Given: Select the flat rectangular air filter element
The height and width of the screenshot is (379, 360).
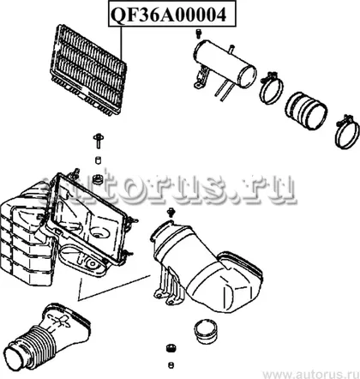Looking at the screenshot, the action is [x=88, y=69].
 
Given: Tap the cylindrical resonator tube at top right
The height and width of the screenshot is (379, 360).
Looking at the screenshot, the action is [x=225, y=64].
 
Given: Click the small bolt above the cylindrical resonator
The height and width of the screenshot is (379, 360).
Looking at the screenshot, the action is [x=198, y=33].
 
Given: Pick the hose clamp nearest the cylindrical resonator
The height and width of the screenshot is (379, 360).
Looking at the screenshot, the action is [x=272, y=87].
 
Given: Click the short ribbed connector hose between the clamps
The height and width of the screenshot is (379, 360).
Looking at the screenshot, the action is [x=306, y=111].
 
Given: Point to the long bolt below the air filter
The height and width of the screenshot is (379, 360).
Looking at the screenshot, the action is [x=99, y=141].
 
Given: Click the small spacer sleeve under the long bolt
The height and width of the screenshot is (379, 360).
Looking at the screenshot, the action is [x=99, y=160].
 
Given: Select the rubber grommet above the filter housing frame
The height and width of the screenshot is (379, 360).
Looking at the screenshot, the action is [x=99, y=180].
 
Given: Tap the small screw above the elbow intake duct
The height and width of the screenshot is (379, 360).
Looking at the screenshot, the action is [x=171, y=213].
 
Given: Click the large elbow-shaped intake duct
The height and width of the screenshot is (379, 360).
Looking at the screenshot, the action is [x=207, y=267].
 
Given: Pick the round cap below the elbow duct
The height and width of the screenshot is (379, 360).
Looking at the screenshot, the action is [x=206, y=331].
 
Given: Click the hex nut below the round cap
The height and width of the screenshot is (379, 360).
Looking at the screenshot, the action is [x=171, y=348].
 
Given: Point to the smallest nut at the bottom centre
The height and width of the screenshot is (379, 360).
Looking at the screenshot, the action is [x=171, y=365].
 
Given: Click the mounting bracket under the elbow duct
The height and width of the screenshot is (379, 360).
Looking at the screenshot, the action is [x=168, y=286].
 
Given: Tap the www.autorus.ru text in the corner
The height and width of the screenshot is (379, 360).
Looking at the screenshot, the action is [x=311, y=374].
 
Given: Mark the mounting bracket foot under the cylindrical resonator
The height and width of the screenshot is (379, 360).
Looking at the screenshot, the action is [x=201, y=79].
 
